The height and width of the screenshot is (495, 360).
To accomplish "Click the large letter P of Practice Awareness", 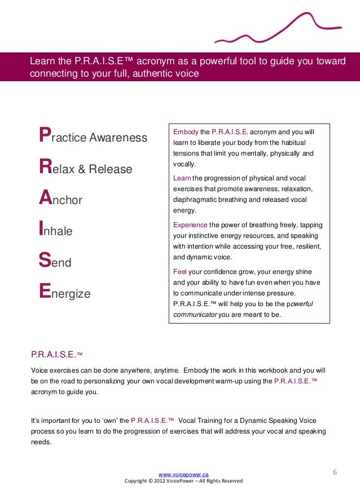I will (x=42, y=136).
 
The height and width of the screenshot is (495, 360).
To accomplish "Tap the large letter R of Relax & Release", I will (x=43, y=167).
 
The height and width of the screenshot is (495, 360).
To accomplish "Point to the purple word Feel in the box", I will (x=179, y=272).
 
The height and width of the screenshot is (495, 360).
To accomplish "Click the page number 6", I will (x=335, y=471).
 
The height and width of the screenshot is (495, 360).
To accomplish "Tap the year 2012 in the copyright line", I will (x=162, y=481).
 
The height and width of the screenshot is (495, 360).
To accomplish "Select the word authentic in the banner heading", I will (x=147, y=73).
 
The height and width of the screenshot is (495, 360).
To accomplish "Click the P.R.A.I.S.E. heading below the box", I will (x=54, y=354).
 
